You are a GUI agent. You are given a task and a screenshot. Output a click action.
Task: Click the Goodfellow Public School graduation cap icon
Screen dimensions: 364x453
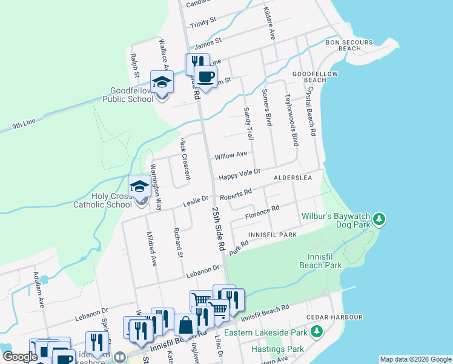point(162,81)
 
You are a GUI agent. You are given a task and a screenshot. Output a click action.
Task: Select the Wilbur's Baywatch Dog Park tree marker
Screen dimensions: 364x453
point(379,217)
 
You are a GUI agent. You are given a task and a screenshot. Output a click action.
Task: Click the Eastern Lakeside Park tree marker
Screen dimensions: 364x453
point(316,332)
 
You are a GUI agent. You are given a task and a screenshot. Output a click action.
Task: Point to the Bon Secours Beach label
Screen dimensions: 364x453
point(344,45)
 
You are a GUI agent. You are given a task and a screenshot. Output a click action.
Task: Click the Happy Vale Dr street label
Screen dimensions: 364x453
point(239,174)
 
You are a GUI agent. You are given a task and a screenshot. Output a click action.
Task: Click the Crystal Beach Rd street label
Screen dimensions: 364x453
point(311,107)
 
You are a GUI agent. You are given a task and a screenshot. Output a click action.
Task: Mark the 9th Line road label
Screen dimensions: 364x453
point(24,126)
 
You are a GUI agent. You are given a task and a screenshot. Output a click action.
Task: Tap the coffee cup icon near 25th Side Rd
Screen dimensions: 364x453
point(206,76)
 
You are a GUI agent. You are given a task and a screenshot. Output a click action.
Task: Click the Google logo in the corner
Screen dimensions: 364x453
point(20,357)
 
